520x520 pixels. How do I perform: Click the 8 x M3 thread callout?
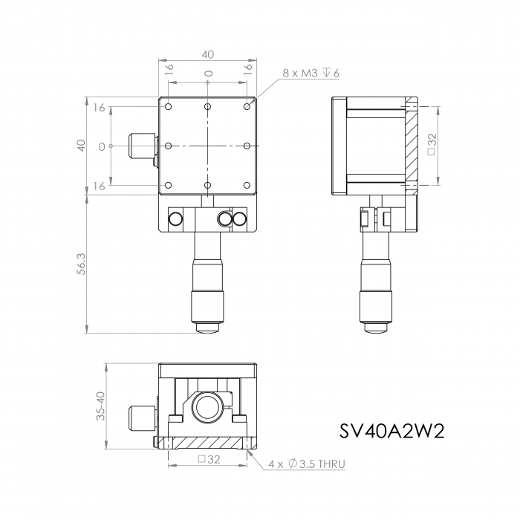coord(311,73)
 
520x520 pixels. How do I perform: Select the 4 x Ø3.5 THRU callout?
coord(307,464)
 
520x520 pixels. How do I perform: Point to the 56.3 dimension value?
coord(81,264)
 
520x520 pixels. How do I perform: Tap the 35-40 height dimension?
coord(100,406)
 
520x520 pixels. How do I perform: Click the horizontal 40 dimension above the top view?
coord(207,54)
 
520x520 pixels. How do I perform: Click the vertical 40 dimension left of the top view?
coord(81,146)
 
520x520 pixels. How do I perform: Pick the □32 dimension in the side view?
coord(432,144)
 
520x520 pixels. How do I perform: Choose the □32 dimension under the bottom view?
coord(209,459)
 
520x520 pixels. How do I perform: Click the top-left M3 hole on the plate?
coord(169,107)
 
